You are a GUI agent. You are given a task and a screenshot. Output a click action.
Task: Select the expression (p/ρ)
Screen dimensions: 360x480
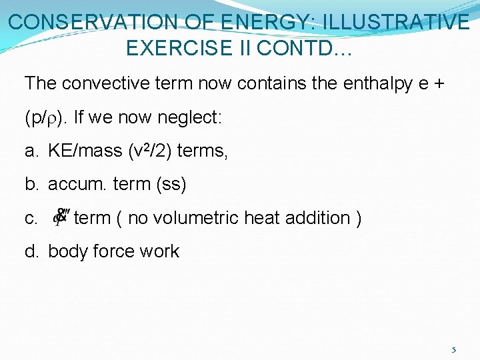(44, 118)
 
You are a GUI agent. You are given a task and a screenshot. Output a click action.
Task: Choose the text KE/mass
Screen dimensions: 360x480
(85, 151)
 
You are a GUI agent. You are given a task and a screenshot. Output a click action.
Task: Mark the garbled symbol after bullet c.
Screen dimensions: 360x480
(61, 217)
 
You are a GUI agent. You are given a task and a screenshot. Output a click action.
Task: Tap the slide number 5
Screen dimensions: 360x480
(453, 349)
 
